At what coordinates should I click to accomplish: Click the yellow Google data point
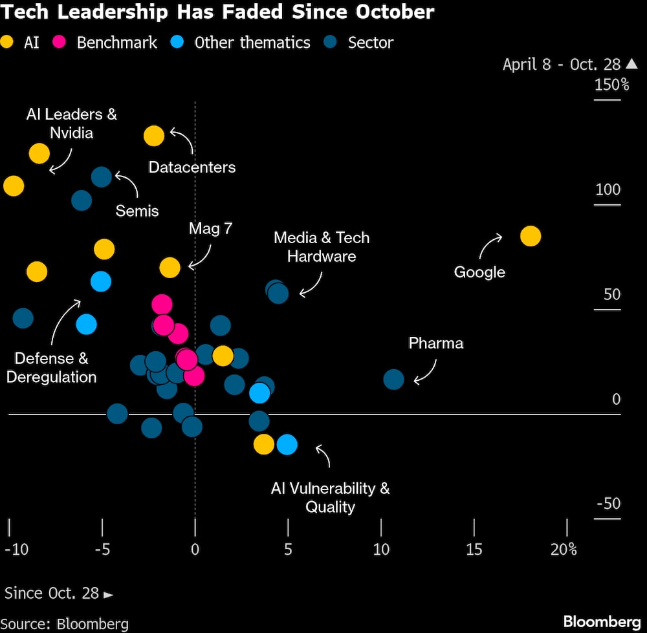(x=530, y=237)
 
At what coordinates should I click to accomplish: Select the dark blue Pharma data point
(x=393, y=379)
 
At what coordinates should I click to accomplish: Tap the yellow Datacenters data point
(x=154, y=136)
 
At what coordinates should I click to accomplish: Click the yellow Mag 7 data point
(x=170, y=267)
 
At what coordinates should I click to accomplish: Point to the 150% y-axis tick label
(x=611, y=85)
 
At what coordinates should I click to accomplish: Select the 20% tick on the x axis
(x=564, y=549)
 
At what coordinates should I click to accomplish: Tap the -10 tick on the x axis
(x=16, y=549)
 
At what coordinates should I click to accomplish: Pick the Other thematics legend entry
(x=243, y=43)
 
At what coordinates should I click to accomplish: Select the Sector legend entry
(x=361, y=43)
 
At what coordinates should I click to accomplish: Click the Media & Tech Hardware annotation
(x=322, y=246)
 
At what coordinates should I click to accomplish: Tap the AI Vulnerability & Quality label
(x=330, y=497)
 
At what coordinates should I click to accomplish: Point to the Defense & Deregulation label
(x=51, y=367)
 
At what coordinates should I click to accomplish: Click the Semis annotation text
(x=137, y=210)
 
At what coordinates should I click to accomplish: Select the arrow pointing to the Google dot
(x=490, y=246)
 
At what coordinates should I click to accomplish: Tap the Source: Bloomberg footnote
(x=67, y=624)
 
